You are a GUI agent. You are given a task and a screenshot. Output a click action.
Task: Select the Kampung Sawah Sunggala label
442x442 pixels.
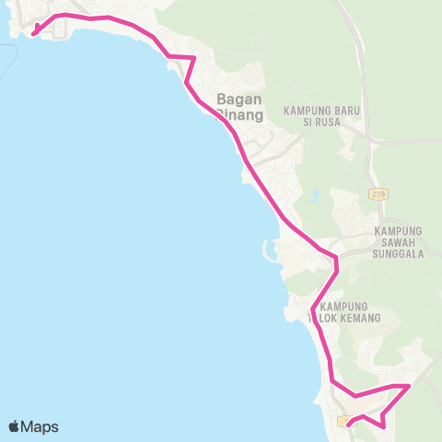point(399,241)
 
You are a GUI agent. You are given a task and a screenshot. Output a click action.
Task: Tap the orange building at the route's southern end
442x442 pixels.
point(344,421)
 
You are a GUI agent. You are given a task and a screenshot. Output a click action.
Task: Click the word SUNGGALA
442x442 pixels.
point(399,253)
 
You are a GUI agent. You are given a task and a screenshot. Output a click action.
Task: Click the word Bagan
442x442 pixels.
point(238,99)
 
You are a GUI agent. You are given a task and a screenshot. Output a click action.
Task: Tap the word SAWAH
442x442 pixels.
point(399,242)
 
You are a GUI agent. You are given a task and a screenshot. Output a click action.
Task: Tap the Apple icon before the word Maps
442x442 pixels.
point(15,426)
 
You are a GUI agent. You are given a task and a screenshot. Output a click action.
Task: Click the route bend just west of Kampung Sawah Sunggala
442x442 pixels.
point(336,260)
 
